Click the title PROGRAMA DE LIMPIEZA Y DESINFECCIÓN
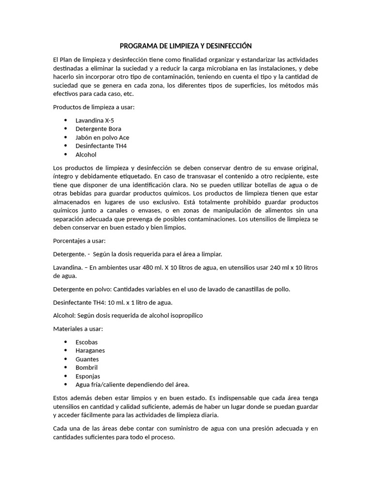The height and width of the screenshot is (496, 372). coord(186,46)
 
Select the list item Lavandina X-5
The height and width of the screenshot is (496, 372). coord(95,120)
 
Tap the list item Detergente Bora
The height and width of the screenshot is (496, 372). coord(98,129)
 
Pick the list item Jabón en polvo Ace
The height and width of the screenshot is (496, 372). coord(102,138)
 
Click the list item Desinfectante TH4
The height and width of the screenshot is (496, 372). coord(101,146)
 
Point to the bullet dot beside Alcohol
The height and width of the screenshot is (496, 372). coord(65,155)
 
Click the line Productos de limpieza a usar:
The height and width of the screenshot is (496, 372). coord(93,107)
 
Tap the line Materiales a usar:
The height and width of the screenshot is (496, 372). coord(78,329)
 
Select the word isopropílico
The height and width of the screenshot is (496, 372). coord(184,315)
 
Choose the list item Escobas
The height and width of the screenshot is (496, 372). coord(86,342)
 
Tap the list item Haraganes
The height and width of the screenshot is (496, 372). coord(90,351)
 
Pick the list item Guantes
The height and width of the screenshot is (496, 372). coord(87,359)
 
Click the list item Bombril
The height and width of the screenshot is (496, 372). coord(86,368)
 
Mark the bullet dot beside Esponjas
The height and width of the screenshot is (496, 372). coord(65,376)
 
